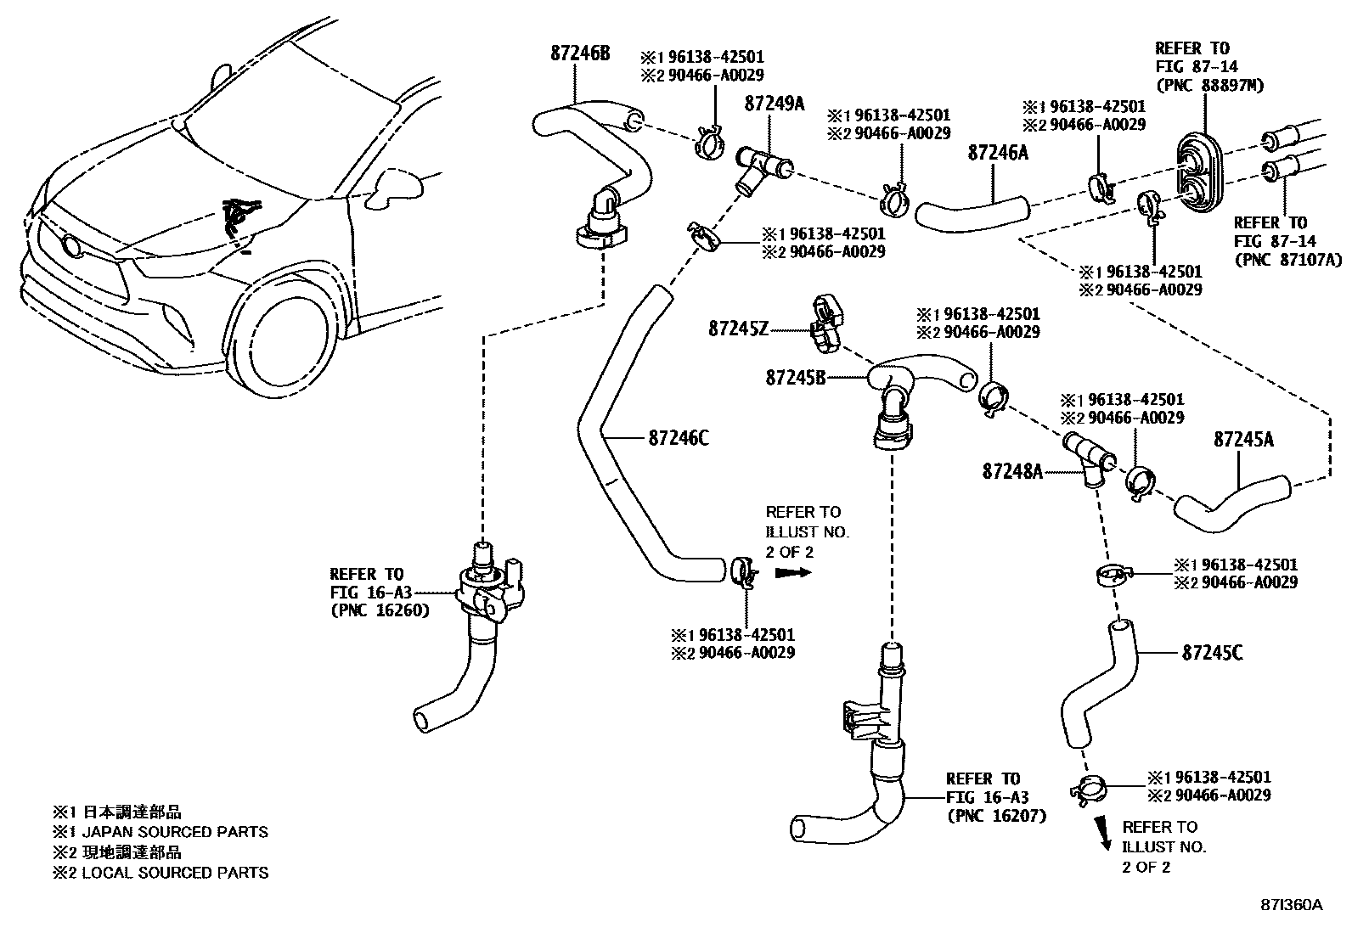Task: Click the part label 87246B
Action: click(x=579, y=53)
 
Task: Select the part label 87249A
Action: click(x=774, y=104)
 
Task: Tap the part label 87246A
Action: click(x=998, y=153)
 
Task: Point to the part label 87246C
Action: click(x=678, y=438)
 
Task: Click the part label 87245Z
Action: click(x=738, y=328)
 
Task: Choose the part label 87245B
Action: click(x=795, y=377)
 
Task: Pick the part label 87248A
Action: click(x=1011, y=471)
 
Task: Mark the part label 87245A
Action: click(x=1243, y=440)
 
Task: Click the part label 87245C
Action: click(x=1212, y=653)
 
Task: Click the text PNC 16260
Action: click(x=380, y=610)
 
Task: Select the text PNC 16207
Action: click(x=996, y=816)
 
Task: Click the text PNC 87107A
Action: click(x=1287, y=260)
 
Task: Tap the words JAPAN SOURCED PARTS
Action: click(x=175, y=832)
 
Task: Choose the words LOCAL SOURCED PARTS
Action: click(x=175, y=873)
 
